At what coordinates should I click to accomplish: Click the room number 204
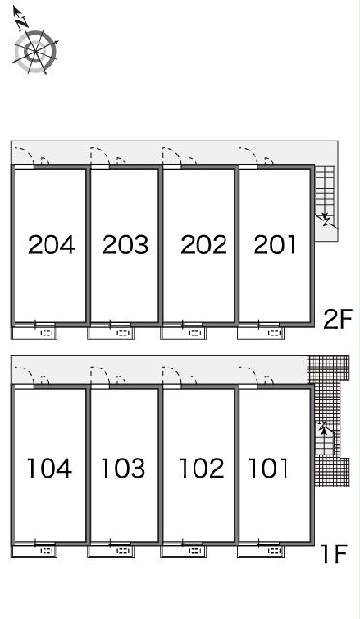[x=51, y=245]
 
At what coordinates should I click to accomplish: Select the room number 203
[x=125, y=245]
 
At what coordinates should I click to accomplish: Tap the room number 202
[x=203, y=245]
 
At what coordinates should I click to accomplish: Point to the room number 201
[x=275, y=245]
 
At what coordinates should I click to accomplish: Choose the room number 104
[x=49, y=468]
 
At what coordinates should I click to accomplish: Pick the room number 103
[x=123, y=468]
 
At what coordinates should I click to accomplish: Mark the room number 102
[x=201, y=468]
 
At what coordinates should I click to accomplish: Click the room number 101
[x=268, y=468]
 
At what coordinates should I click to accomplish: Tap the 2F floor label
[x=338, y=320]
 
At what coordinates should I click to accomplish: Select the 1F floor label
[x=334, y=553]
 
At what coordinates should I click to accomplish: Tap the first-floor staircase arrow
[x=324, y=427]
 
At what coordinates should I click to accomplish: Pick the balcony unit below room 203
[x=110, y=332]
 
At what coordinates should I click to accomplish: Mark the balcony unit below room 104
[x=34, y=550]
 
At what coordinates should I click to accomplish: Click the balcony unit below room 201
[x=260, y=332]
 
